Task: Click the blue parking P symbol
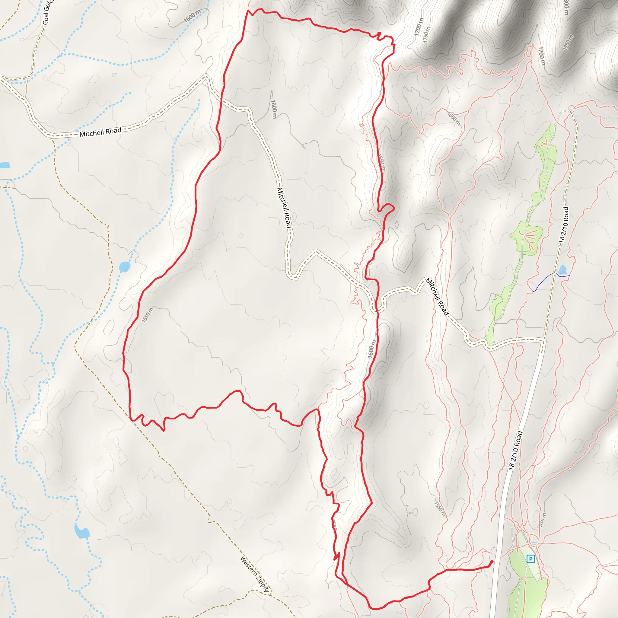pos(531,559)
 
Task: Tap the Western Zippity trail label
pos(255,575)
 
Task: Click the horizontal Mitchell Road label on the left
pos(100,132)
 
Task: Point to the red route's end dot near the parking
pos(492,562)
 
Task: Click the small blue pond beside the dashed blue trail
pos(124,266)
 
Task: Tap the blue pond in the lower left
pos(81,532)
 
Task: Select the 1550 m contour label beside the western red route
pos(148,315)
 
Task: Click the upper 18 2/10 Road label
pos(564,225)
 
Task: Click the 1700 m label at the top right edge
pos(541,56)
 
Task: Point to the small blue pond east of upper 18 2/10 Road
pos(562,270)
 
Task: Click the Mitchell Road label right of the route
pos(437,297)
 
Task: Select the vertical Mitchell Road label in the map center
pos(284,208)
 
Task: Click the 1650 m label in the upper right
pos(453,119)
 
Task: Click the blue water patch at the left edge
pos(5,165)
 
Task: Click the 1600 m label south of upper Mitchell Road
pos(274,109)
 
